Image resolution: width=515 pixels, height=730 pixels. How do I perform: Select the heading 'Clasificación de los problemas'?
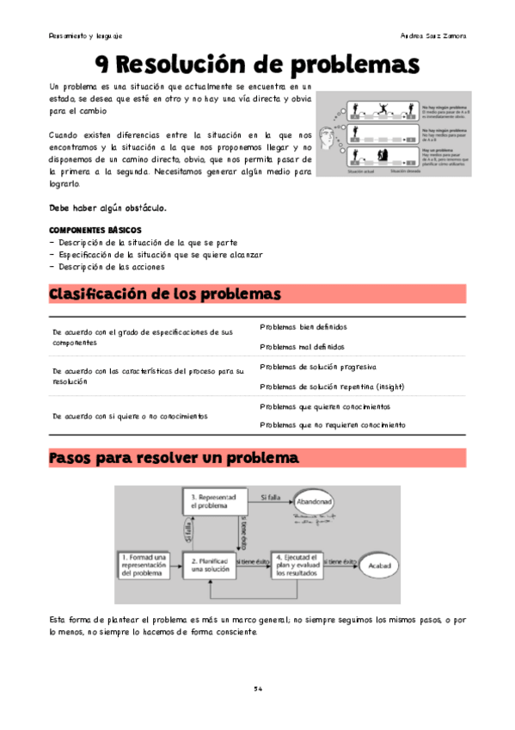click(x=166, y=294)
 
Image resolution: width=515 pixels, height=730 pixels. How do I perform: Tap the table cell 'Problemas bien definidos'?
click(x=303, y=327)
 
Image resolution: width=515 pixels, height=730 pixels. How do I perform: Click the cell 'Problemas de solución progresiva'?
click(x=317, y=367)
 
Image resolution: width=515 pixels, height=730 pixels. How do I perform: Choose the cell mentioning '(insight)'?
click(x=331, y=387)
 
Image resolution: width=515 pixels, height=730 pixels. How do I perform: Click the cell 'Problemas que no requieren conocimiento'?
click(x=333, y=425)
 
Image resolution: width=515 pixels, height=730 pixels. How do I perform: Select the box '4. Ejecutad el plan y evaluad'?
click(x=297, y=565)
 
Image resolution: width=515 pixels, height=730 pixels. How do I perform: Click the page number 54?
click(x=257, y=689)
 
